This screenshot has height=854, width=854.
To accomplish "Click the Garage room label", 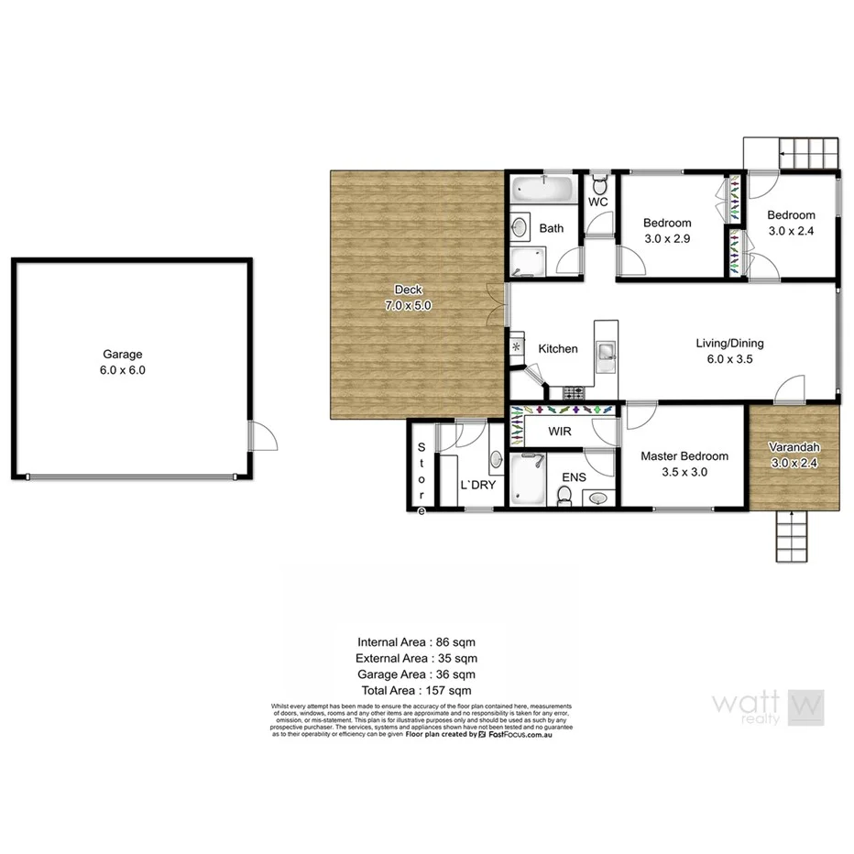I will [x=124, y=355].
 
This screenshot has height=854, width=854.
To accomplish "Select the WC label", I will [x=598, y=202].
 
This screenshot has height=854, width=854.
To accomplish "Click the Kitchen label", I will [x=557, y=349].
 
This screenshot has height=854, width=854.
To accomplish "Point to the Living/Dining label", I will [x=729, y=344].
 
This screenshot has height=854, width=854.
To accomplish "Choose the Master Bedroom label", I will [x=684, y=456].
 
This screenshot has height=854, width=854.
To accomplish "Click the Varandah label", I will [x=794, y=447].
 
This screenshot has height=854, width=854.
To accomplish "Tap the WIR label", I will [x=561, y=430].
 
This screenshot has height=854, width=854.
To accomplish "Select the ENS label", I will [x=575, y=477].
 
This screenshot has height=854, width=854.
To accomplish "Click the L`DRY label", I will [x=477, y=485].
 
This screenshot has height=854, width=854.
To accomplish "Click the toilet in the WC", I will [x=598, y=181].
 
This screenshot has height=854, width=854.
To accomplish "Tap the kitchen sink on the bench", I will [x=606, y=351].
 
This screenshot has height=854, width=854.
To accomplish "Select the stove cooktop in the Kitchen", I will [x=575, y=394].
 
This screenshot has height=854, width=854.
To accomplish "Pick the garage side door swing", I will [x=263, y=435].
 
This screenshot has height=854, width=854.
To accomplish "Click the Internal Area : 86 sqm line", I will [x=417, y=642].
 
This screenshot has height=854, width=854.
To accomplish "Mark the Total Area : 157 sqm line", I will [x=417, y=690].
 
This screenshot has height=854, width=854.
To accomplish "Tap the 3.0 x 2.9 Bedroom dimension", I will [x=667, y=238].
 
